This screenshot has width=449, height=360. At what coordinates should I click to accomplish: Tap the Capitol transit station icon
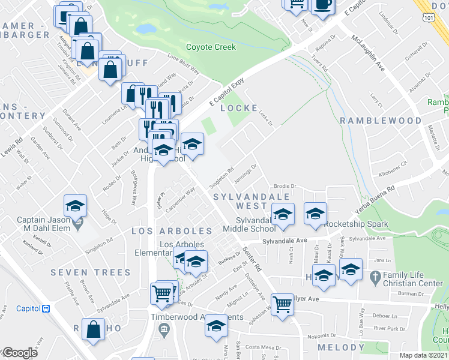tap(45, 308)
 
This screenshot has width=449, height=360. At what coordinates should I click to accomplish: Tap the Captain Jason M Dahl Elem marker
tap(77, 225)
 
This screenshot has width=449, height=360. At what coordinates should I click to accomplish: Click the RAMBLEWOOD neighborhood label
tap(381, 121)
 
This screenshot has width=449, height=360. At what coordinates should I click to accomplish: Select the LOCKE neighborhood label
tap(234, 108)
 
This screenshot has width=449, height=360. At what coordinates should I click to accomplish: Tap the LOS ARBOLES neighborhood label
tap(172, 231)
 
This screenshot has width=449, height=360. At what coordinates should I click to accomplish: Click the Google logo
tap(20, 353)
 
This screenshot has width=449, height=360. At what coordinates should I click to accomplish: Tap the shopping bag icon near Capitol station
tap(93, 330)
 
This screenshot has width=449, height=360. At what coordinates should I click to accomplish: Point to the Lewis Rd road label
tap(13, 146)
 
